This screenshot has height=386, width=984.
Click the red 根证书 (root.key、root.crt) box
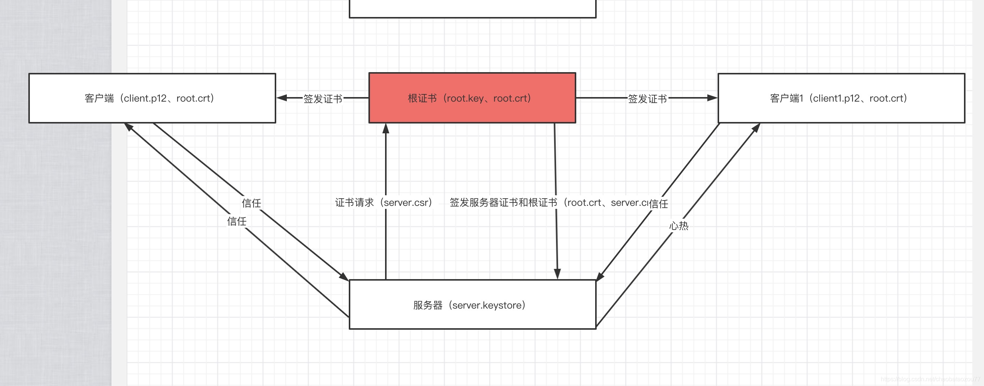click(472, 98)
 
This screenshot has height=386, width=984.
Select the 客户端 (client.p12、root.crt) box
click(152, 98)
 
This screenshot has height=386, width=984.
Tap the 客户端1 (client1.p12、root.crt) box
click(841, 98)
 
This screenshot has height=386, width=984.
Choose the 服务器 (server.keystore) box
click(472, 305)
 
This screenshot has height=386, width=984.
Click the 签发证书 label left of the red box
click(323, 99)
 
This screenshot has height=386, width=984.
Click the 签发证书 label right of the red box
click(647, 99)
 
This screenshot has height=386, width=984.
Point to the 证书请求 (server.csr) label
click(383, 202)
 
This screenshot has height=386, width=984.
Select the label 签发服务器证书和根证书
click(503, 202)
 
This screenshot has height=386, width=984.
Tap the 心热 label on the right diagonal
click(679, 225)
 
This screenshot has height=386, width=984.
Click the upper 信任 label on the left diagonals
click(251, 203)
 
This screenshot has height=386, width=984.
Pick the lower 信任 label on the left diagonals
click(237, 221)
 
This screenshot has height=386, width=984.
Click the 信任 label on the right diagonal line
click(659, 204)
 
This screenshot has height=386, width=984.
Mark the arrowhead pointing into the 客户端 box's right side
click(282, 98)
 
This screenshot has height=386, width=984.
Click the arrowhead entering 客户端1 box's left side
click(712, 98)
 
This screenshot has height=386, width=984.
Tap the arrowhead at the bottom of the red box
click(386, 128)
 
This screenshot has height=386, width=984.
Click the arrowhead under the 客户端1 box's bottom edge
click(756, 128)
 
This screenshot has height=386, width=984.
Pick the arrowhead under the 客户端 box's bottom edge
click(129, 127)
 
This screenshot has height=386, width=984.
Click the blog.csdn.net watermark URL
click(930, 379)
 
